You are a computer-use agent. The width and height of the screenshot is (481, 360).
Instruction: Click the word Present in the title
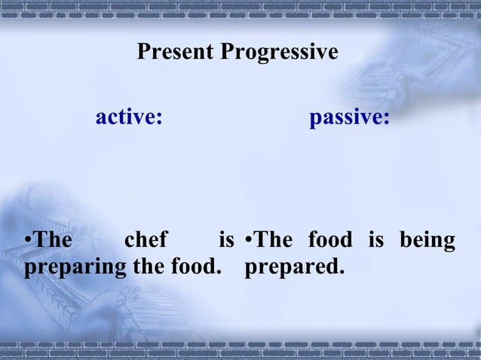click(x=176, y=53)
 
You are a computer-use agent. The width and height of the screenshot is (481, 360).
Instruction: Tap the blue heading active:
click(x=129, y=118)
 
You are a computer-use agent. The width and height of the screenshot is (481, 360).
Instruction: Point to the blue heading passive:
click(x=349, y=118)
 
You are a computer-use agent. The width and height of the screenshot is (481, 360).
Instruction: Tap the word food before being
click(x=329, y=241)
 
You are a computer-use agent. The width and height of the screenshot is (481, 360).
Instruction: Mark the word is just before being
click(x=375, y=241)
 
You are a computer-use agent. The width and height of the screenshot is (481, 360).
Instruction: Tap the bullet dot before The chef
click(x=27, y=242)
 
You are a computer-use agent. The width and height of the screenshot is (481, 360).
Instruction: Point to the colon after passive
click(x=387, y=121)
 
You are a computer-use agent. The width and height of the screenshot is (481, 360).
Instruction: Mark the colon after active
click(x=160, y=121)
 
